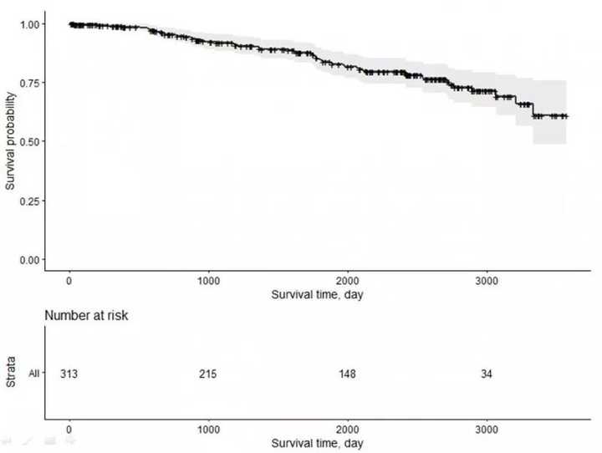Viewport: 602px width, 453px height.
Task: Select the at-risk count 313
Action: coord(69,374)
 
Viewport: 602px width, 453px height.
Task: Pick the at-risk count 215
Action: coord(208,374)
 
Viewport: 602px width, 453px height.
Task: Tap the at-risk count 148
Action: coord(348,374)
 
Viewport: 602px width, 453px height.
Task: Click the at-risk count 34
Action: coord(487,374)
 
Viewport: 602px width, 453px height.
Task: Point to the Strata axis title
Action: coord(11,373)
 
